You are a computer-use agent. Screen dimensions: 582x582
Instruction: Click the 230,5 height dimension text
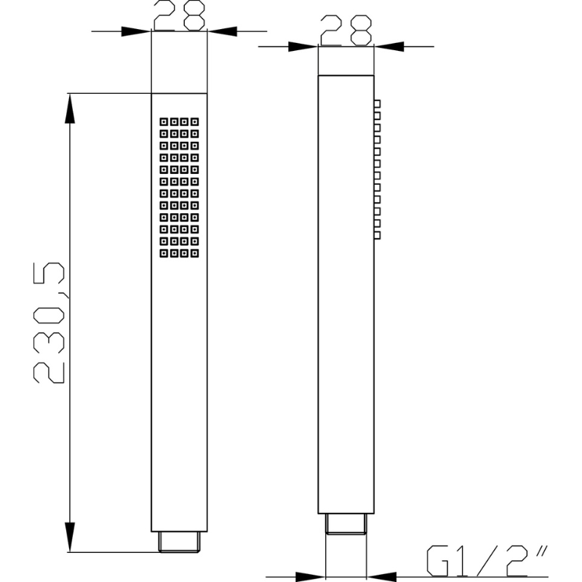coord(49,322)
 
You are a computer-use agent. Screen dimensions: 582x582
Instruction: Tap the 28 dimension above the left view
coord(179,15)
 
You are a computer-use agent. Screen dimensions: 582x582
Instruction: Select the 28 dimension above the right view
coord(346,31)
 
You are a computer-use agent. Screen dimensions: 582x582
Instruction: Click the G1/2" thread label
coord(487,560)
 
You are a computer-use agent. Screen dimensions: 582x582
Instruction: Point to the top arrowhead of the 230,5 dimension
coord(70,108)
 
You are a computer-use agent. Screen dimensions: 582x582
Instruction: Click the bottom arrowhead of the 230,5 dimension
coord(70,537)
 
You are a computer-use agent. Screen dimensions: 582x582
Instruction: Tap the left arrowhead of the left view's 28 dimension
coord(136,31)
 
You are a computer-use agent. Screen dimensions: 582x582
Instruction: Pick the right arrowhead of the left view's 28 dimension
coord(222,31)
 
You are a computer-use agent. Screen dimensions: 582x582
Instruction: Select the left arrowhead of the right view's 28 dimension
coord(303,47)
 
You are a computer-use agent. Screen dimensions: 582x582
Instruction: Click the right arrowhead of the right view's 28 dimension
coord(389,47)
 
